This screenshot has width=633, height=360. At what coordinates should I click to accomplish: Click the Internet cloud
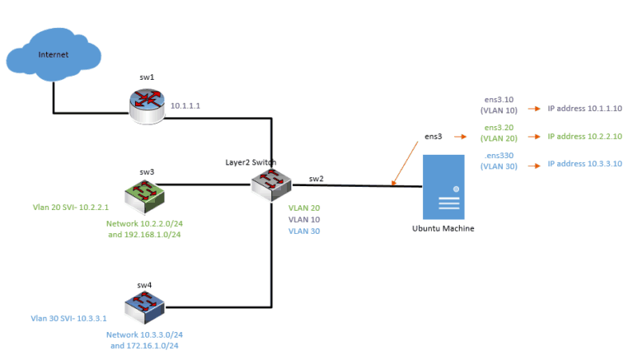pos(54,56)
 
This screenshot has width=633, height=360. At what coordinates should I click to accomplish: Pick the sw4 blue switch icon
pos(145,308)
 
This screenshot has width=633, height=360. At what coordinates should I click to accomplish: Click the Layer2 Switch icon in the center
pos(272,185)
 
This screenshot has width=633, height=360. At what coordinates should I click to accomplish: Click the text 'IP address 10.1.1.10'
pos(584,108)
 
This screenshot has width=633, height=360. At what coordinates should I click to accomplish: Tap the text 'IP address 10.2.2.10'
pos(584,137)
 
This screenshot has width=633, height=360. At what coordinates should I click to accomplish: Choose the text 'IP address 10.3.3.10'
pos(584,164)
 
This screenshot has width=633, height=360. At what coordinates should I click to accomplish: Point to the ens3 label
pos(434,136)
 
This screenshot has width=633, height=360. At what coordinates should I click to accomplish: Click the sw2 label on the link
pos(316,178)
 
